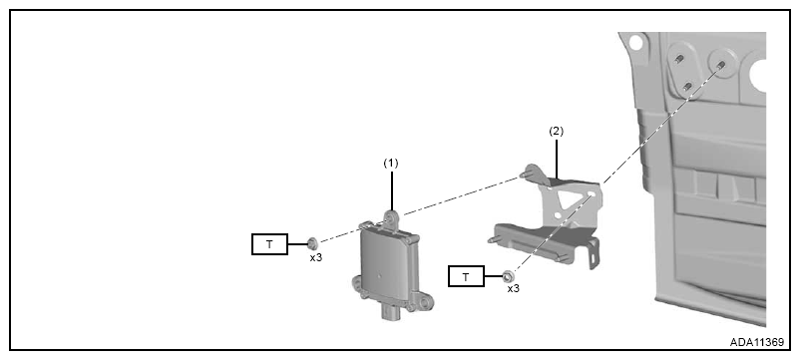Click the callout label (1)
click(390, 164)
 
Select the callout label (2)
click(557, 131)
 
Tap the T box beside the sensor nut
click(269, 244)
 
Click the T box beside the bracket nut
click(466, 277)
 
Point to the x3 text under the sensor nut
click(316, 257)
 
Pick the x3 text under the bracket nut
click(513, 288)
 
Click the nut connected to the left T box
click(313, 242)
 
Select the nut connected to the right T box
click(508, 276)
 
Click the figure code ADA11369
click(757, 342)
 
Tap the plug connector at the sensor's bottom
click(391, 311)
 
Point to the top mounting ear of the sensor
click(391, 218)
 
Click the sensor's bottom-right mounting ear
click(424, 303)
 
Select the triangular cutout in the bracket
click(565, 197)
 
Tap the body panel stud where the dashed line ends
click(721, 64)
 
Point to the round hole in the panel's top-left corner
click(635, 42)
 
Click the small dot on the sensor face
click(379, 276)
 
